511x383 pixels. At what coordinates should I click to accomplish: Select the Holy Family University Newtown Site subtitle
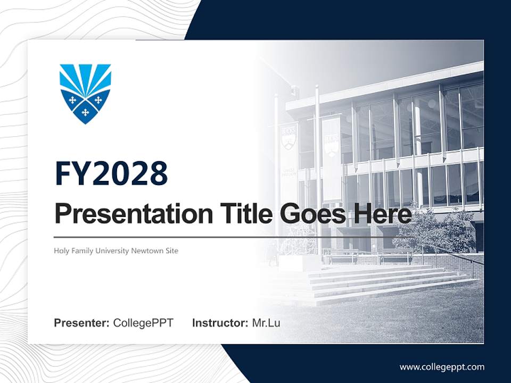click(x=116, y=251)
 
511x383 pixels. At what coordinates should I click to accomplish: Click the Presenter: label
click(x=82, y=323)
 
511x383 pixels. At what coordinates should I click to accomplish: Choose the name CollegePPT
click(x=143, y=323)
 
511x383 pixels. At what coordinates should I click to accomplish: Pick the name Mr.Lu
click(x=266, y=323)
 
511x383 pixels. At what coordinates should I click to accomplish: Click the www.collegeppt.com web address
click(x=442, y=367)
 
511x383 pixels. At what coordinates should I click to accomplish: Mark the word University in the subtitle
click(x=112, y=251)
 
